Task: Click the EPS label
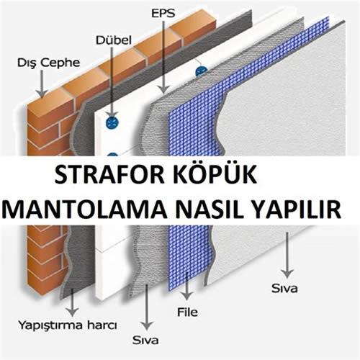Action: coord(163,13)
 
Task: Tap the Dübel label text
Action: coord(114,40)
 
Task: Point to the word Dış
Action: coord(25,63)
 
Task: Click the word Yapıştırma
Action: coord(50,326)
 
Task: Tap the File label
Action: coord(187,312)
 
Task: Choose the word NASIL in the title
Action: coord(210,209)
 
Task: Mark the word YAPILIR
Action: coord(297,209)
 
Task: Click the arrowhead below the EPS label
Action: coord(163,89)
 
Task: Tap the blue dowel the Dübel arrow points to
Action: coord(112,122)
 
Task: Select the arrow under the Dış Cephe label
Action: coord(42,84)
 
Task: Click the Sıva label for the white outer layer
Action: coord(284,288)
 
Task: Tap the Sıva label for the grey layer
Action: coord(145,341)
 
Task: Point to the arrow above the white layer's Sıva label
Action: coord(287,255)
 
